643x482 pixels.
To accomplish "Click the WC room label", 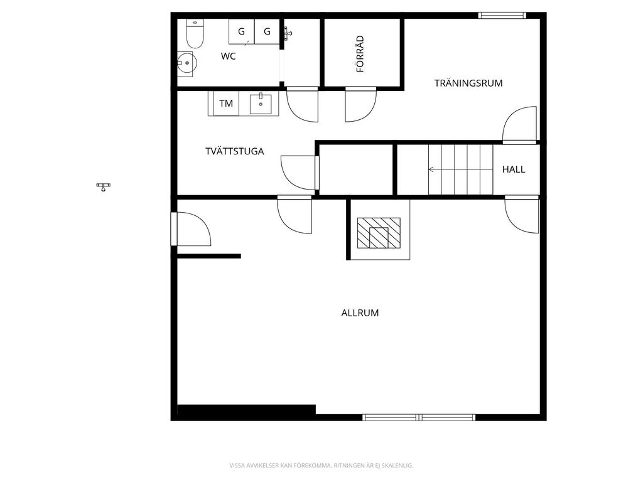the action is pos(228,56).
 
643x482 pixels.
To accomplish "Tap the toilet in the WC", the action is pos(195,34).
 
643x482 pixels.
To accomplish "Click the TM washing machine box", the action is pos(226,104).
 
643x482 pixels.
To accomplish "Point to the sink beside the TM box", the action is pos(261,104).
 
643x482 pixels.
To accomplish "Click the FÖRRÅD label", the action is pos(360,54).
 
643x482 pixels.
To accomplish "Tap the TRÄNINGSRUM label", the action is pos(468,83).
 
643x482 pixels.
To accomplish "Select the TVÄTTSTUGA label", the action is pos(235,151).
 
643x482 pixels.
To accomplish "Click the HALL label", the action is pos(514,169).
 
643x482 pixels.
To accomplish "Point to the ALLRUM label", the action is pos(360,313).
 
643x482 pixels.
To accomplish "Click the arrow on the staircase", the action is pos(460,169).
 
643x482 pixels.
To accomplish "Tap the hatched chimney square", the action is pos(379,233).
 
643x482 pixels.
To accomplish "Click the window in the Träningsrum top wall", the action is pos(502,16).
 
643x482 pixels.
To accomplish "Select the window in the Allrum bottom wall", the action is pos(419,417).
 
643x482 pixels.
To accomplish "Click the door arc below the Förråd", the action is pos(360,104).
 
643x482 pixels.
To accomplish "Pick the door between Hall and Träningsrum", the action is pos(519,125).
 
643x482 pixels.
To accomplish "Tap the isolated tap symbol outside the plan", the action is pos(104,187).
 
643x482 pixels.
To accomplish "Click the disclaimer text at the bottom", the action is pos(321,466).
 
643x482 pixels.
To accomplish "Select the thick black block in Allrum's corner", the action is pos(246,410).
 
